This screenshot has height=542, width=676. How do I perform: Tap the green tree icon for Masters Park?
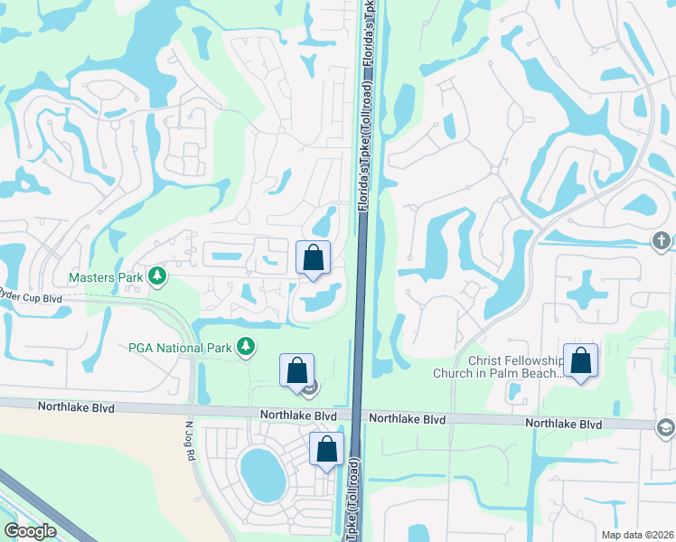158,276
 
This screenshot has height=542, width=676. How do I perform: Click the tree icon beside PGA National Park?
244,346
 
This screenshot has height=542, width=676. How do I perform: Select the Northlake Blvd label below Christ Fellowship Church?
564,423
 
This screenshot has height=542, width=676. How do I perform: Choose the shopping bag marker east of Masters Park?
313,258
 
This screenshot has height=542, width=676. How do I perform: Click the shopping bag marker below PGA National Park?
296,370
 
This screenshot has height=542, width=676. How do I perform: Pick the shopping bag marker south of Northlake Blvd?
326,449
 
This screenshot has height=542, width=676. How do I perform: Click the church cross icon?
662,240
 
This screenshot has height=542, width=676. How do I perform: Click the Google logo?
30,531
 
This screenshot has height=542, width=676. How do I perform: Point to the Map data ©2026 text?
637,535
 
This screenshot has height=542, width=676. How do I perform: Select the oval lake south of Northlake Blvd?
260,472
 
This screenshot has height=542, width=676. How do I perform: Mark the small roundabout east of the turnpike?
493,169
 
